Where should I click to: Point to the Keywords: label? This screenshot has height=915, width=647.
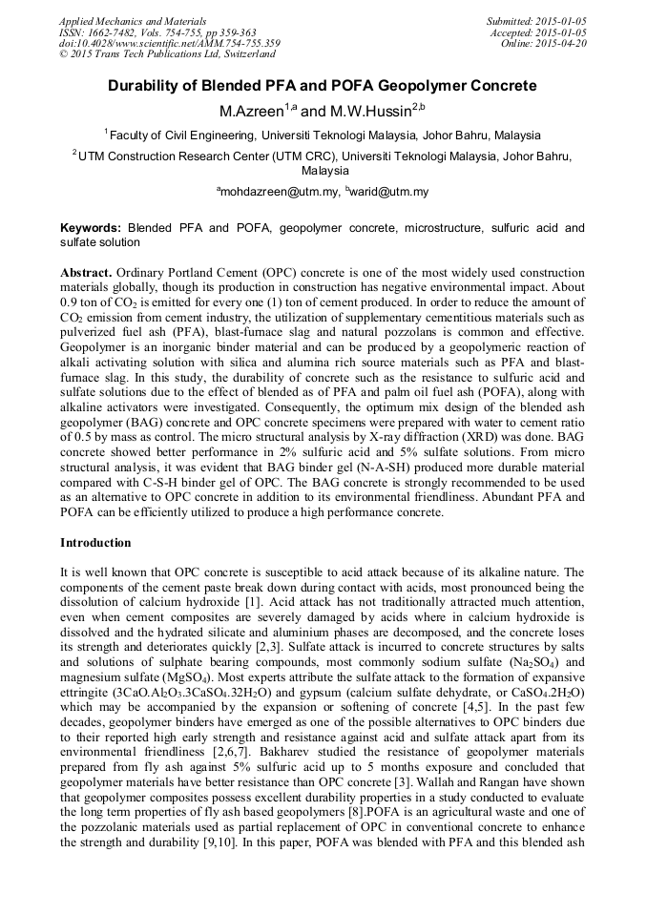tap(91, 228)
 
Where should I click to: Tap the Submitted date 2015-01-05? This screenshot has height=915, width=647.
tap(560, 20)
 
